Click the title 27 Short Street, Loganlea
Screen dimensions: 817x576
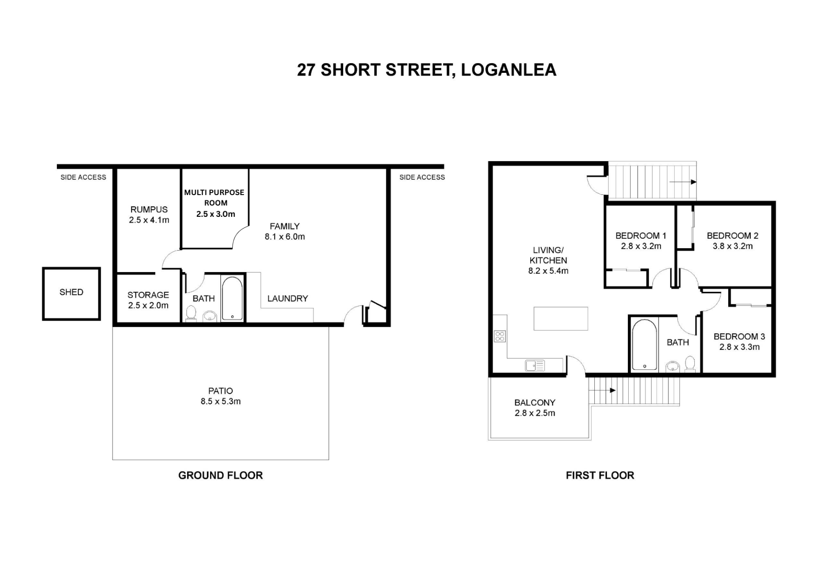(x=426, y=70)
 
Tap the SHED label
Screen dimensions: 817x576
(x=71, y=292)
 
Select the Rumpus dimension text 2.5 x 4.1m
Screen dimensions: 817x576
(x=149, y=220)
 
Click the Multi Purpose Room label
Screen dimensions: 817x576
(x=214, y=198)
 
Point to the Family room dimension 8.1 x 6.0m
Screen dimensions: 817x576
(x=285, y=237)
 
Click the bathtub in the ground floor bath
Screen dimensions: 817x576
(x=232, y=298)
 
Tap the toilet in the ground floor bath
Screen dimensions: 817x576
(x=191, y=313)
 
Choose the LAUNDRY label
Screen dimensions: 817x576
(x=288, y=298)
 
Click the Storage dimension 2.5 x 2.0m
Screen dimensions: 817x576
(x=148, y=306)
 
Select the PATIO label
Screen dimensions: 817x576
(x=221, y=391)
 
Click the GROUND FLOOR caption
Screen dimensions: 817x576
(x=221, y=476)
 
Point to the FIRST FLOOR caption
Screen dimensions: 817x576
(x=600, y=476)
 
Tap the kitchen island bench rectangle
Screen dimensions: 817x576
(x=560, y=319)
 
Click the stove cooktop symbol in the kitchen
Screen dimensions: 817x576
(x=500, y=336)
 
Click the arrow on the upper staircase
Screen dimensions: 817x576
(x=683, y=182)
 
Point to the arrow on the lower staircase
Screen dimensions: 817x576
(x=602, y=391)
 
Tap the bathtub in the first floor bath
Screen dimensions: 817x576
(x=645, y=345)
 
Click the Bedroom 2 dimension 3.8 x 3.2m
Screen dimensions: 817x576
(x=732, y=247)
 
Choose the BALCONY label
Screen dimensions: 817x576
(x=535, y=403)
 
